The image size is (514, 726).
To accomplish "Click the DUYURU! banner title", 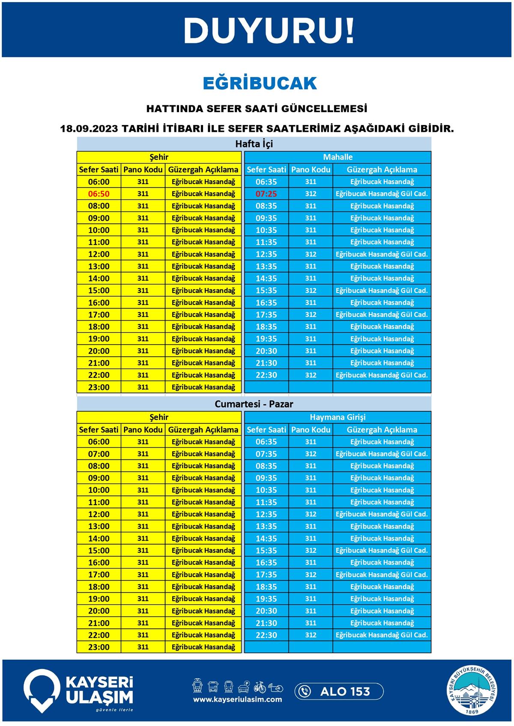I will (x=269, y=31).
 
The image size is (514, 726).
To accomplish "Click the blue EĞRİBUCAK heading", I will (x=260, y=83).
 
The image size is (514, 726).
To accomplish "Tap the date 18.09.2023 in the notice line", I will (x=89, y=128).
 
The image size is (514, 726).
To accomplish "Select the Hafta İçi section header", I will (x=254, y=144).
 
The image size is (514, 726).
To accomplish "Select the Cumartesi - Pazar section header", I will (x=254, y=404).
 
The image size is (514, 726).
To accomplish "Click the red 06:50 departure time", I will (x=99, y=194).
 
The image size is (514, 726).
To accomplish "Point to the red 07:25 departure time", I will (x=266, y=194).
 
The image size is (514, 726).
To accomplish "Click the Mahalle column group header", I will (x=338, y=157).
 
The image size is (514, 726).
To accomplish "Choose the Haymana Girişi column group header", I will (x=338, y=417).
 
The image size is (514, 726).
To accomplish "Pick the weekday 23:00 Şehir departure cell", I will (x=99, y=387).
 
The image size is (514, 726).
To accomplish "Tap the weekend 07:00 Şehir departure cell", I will (x=99, y=454).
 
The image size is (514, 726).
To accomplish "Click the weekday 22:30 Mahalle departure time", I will (x=266, y=375).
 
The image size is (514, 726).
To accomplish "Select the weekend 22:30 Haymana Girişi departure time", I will (x=266, y=635).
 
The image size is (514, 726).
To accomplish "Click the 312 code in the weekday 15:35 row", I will (x=311, y=291).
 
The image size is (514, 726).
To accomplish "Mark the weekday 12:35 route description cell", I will (x=382, y=254).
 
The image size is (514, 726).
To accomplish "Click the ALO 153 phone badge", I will (x=339, y=691).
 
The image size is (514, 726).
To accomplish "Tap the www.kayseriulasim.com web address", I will (x=237, y=699).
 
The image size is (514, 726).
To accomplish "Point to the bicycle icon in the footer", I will (x=260, y=687).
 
